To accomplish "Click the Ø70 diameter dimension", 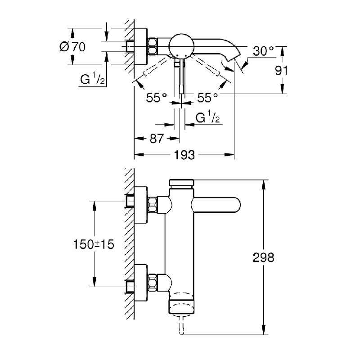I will pos(72,46).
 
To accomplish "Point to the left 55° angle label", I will pos(156,97).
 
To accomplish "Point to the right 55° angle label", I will pos(208,97).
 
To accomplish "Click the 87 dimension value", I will pos(156,139).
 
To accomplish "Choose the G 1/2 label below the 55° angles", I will pos(207,118).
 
